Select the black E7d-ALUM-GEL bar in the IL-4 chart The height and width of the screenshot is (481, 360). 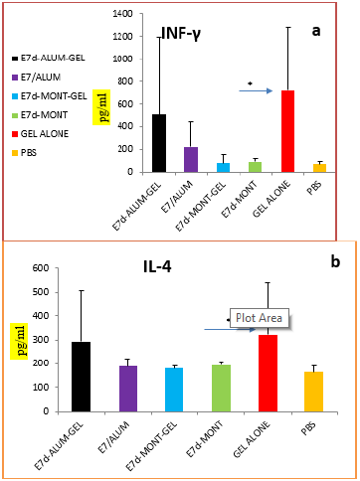(82, 377)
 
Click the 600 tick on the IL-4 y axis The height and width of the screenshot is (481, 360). (42, 267)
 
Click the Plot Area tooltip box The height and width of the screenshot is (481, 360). (258, 318)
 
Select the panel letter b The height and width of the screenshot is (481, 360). (335, 261)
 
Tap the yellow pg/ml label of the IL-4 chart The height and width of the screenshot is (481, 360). (14, 338)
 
